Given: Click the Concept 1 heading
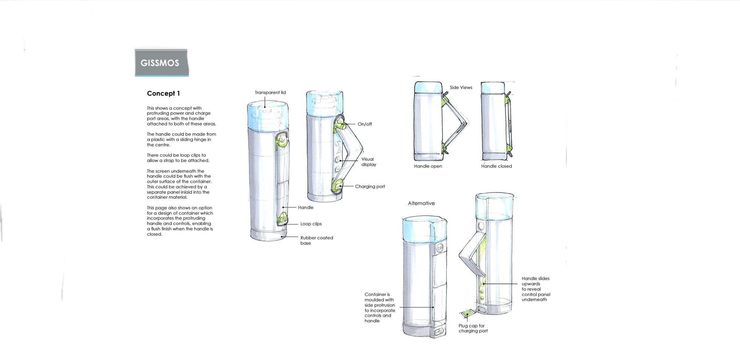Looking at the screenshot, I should (163, 93).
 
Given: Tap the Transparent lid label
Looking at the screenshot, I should (270, 92).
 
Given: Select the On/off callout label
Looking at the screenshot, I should (364, 124).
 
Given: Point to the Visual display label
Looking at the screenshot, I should (368, 162).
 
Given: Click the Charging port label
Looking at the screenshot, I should (370, 186).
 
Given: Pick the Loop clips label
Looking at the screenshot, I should (311, 224).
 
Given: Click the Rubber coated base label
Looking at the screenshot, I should (316, 240).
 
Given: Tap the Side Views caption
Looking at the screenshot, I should (461, 88).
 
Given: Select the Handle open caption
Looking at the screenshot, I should (428, 166).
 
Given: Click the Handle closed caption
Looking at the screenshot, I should (496, 166).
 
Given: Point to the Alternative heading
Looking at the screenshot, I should (421, 203).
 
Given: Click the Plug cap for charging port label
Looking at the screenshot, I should (473, 328).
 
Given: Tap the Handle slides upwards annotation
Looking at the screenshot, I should (536, 289).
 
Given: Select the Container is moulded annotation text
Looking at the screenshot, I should (380, 307).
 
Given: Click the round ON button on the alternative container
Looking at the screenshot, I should (440, 248).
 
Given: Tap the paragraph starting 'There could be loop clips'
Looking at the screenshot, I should (178, 158).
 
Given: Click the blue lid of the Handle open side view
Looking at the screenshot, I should (428, 87).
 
